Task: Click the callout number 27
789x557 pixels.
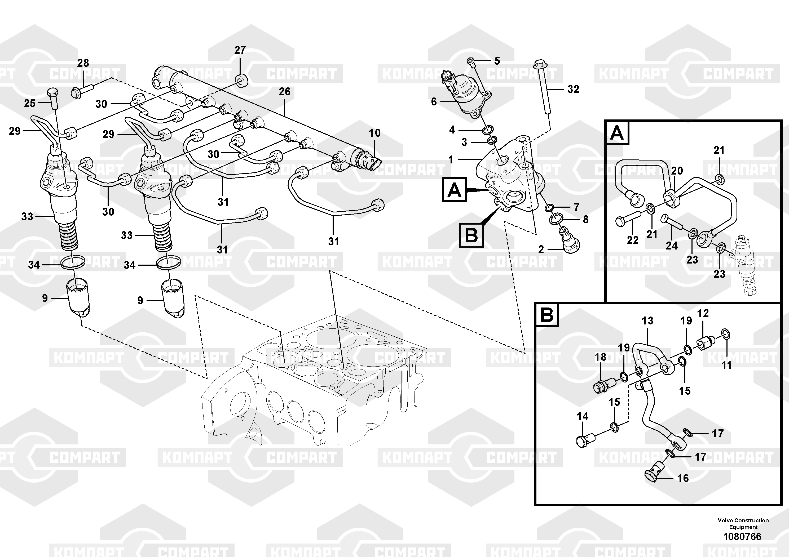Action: [240, 50]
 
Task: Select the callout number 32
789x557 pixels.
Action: [573, 89]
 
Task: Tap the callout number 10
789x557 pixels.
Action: [374, 133]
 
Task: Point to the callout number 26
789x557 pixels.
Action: [285, 92]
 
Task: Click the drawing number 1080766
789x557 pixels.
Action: [742, 536]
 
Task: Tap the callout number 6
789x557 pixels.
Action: [434, 102]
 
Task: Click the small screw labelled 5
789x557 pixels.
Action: [470, 62]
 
